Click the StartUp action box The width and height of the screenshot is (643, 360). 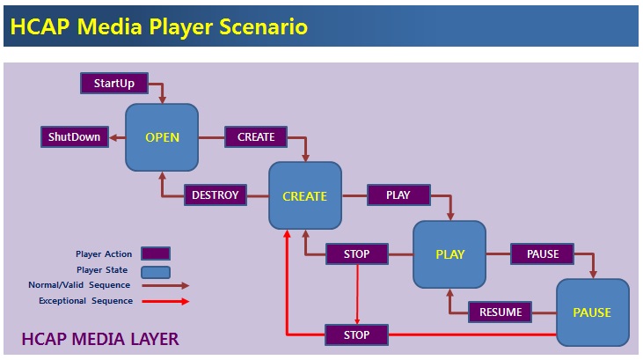(115, 84)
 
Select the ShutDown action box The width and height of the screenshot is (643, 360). (75, 137)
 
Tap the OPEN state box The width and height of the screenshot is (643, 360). (162, 137)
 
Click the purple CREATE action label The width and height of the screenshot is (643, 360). (256, 137)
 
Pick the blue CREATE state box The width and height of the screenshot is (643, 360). (304, 196)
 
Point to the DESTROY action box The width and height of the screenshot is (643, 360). (215, 195)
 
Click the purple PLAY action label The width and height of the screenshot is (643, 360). (398, 195)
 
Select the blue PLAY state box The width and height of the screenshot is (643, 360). (449, 255)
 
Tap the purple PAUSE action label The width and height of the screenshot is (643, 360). (543, 254)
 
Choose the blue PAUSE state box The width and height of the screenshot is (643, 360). (592, 312)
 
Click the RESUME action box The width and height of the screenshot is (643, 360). (501, 312)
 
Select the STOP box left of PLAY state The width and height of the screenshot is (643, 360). (356, 255)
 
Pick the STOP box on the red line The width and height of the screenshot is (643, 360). (356, 335)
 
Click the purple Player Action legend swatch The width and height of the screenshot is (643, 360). (155, 254)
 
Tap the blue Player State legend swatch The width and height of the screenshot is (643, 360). (155, 270)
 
